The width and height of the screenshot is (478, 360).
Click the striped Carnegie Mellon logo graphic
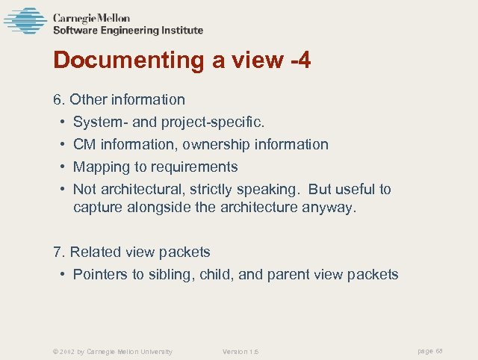(25, 20)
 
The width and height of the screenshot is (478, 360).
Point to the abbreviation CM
(84, 144)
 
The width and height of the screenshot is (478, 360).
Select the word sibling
(170, 275)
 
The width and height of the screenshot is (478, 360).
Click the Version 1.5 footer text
(240, 352)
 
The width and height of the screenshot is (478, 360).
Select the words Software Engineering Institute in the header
(128, 31)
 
